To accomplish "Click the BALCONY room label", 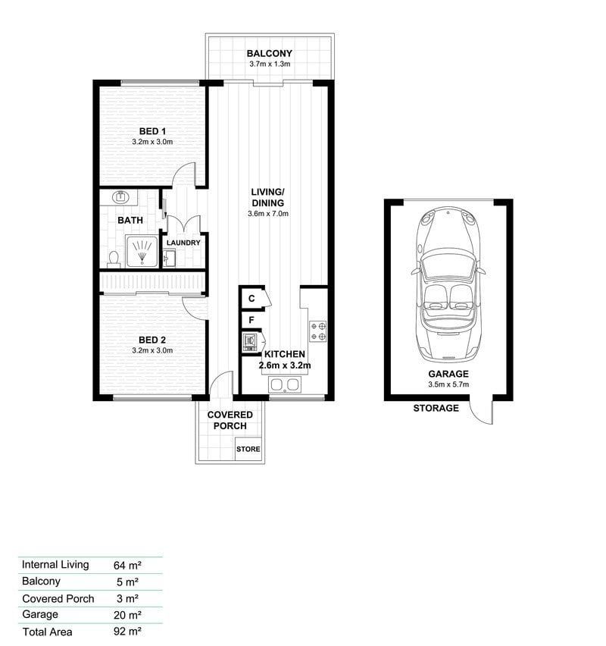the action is [x=269, y=54].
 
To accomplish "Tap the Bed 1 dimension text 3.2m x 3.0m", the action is [x=152, y=142].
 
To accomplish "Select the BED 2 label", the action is [x=152, y=340].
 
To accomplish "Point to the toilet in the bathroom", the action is [x=113, y=259].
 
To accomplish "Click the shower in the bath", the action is [x=142, y=251].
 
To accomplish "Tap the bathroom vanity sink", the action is [x=120, y=197].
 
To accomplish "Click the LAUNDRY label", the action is [x=183, y=243].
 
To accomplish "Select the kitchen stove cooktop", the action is [x=318, y=331].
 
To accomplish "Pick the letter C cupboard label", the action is [x=252, y=298].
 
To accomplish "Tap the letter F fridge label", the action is [x=251, y=320].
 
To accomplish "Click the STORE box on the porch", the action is [x=248, y=449].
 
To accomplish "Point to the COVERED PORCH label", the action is [x=230, y=420].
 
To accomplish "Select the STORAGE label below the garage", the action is [x=436, y=408].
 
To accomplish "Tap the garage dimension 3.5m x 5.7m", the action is [x=448, y=384].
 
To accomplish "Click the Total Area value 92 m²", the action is [x=127, y=631].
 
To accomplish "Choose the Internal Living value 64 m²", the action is [x=127, y=565].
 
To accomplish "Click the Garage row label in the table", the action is [x=40, y=615].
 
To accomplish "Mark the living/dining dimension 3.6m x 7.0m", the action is [x=268, y=214].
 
